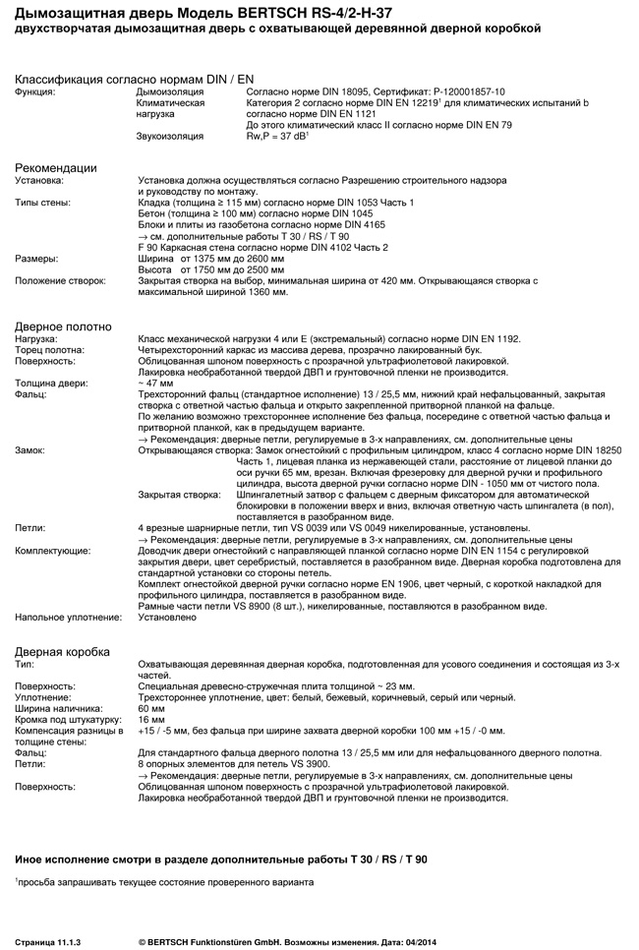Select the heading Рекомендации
coord(56,168)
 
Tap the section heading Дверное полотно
coord(63,326)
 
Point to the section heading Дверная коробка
coord(62,651)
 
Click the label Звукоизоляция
coord(169,135)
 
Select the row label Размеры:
coord(35,259)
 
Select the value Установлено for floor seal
coord(170,618)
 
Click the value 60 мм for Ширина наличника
coord(151,708)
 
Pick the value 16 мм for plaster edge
coord(151,719)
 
